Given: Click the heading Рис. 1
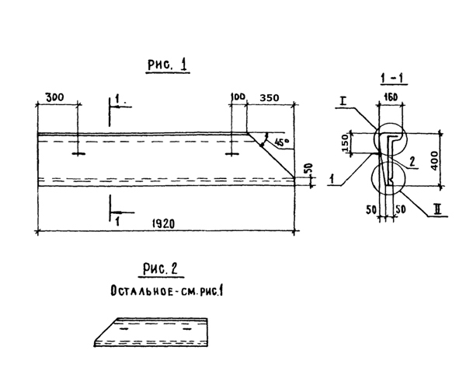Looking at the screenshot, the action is tap(168, 65).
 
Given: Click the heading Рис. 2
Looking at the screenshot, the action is tap(161, 269).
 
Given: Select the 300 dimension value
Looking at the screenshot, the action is tap(54, 97).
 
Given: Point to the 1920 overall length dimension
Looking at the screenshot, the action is tap(163, 223).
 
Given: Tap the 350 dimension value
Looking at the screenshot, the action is tap(270, 97).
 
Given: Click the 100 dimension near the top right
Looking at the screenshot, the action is tap(238, 96).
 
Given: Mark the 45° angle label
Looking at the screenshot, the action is tap(282, 142).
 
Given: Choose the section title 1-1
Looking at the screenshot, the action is tap(394, 79).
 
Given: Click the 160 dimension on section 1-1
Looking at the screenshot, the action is tap(391, 96).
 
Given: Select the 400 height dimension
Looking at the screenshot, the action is tap(434, 161).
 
